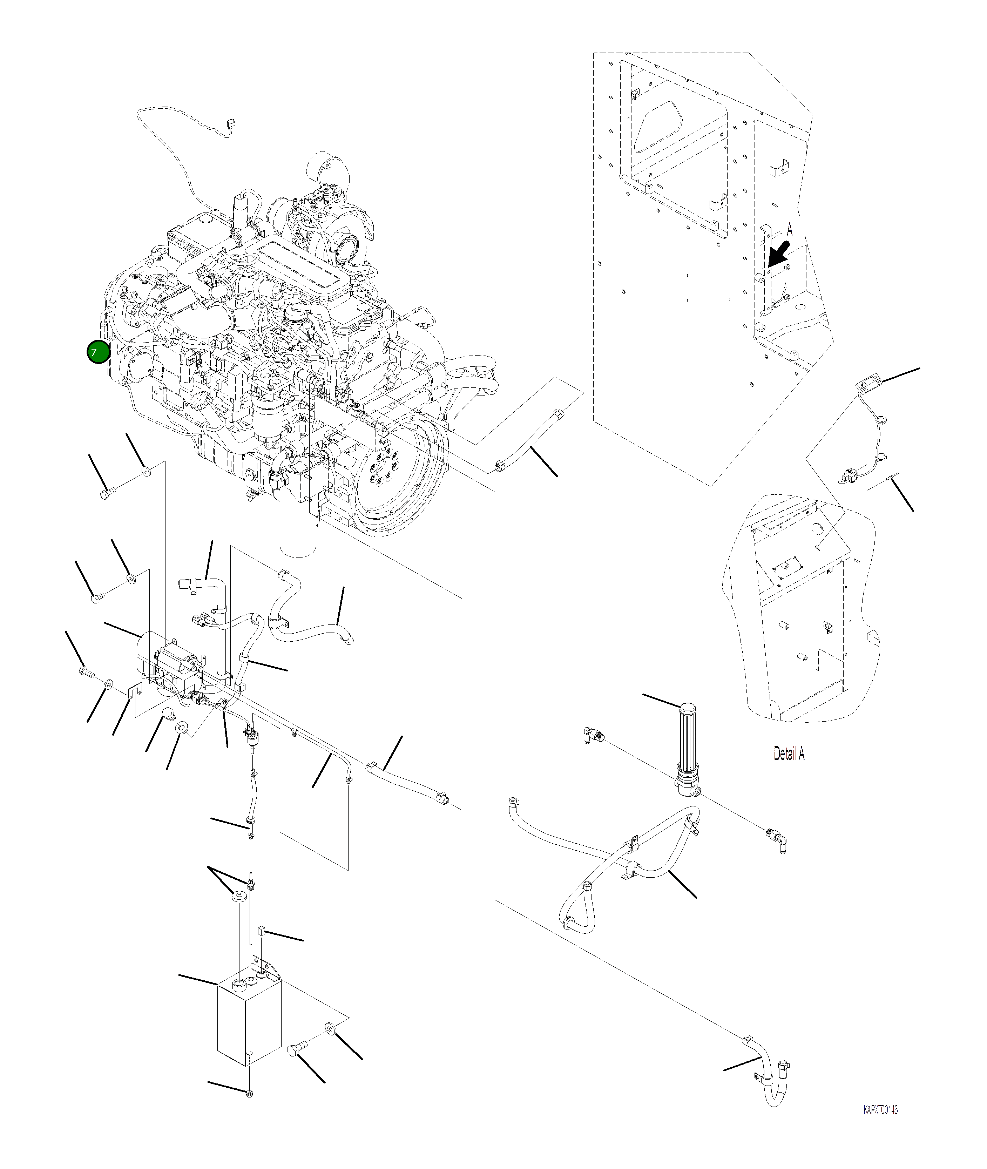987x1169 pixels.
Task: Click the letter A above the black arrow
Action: pyautogui.click(x=790, y=229)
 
